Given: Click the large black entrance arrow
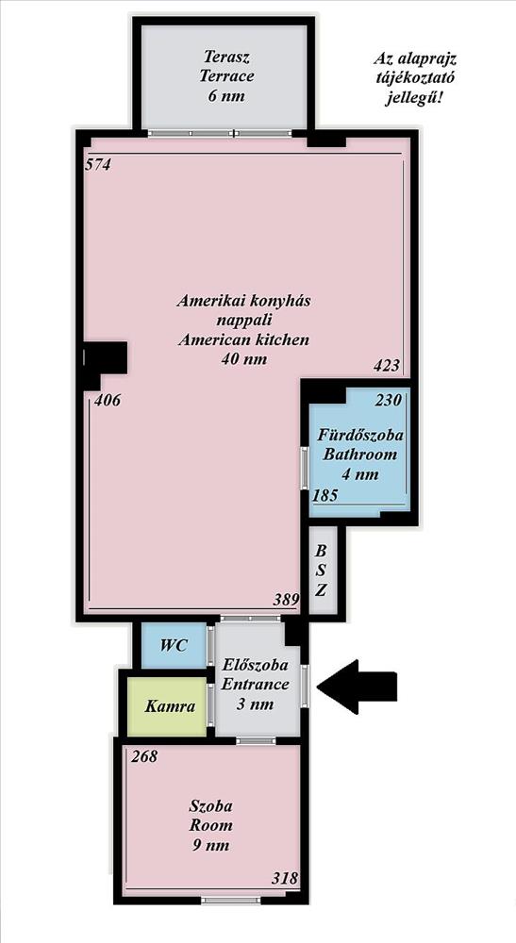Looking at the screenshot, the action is pos(358,687).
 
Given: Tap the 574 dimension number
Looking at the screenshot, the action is pos(98,165).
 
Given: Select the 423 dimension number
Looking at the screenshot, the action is pos(387,366).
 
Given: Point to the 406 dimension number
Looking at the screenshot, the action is pos(108,400).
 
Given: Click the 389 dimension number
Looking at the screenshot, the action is pos(286,599).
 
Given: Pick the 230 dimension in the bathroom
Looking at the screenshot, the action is pos(389,401).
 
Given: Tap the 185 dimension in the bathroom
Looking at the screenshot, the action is pos(325,496).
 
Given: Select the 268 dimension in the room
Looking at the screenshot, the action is pos(144,756).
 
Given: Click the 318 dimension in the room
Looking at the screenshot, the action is pos(285,878).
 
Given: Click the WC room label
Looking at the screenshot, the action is pos(174,647).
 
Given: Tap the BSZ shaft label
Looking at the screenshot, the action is pos(322,571).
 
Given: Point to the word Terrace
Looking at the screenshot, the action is pos(226,76).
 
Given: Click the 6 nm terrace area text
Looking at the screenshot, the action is pos(226,96).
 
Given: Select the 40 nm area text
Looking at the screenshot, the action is pos(244,359).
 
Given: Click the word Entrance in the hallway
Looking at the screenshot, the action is pos(256,685).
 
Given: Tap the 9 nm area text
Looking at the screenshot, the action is pos(209,845).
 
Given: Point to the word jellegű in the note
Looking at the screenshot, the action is pos(414,98).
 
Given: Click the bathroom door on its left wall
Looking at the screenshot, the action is pos(305,467).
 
